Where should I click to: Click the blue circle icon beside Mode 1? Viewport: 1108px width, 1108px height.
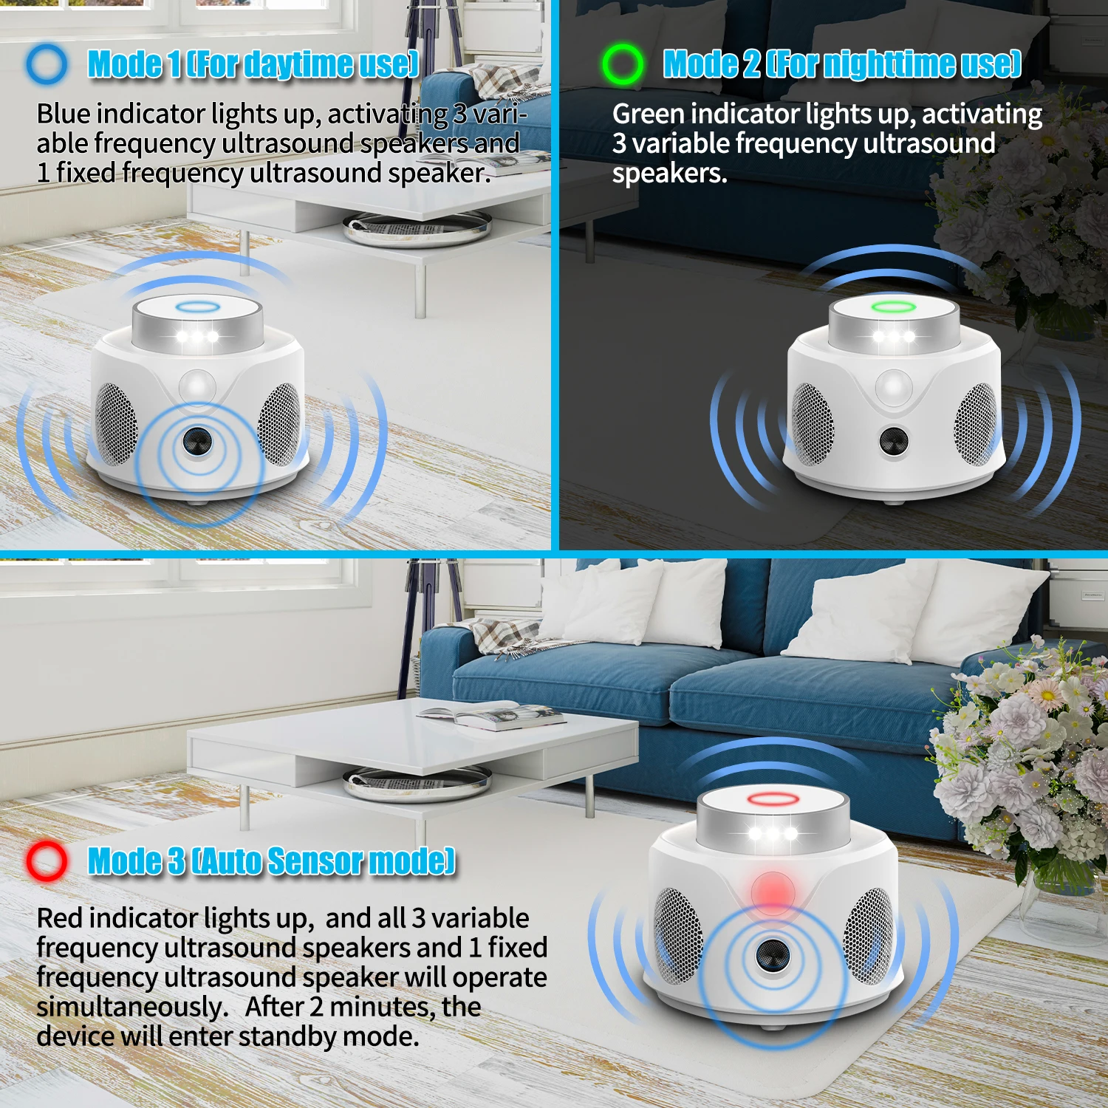coord(47,64)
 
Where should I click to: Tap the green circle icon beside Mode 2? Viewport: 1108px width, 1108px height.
coord(622,64)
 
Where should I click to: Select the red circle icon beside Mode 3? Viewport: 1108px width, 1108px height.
coord(47,861)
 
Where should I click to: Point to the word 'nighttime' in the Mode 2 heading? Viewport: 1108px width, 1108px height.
coord(886,64)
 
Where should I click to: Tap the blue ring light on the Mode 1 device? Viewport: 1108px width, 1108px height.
coord(197,307)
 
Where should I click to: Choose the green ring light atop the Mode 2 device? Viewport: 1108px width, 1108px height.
coord(894,307)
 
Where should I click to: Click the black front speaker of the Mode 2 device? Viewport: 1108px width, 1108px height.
coord(894,441)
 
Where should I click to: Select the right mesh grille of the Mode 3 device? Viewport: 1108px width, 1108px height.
coord(869,936)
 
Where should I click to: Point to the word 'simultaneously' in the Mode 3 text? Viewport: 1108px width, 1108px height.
coord(132,1007)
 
